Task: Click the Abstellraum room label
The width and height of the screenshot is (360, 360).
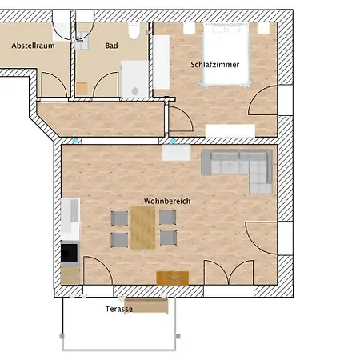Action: tap(33, 46)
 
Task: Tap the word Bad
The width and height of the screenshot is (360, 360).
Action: tap(111, 46)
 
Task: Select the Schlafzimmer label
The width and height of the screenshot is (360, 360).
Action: tap(215, 65)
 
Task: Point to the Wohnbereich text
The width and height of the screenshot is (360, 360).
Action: tap(167, 201)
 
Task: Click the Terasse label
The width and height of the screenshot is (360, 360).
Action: tap(119, 309)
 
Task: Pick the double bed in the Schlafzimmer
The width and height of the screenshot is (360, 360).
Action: tap(226, 54)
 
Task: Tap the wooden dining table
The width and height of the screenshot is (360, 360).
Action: tap(143, 227)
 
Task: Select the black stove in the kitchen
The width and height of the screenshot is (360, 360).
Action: tap(70, 253)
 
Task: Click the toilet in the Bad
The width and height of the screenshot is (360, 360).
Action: tap(134, 31)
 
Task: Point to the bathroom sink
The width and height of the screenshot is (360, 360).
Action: tap(82, 41)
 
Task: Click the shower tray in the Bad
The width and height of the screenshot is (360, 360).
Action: tap(134, 79)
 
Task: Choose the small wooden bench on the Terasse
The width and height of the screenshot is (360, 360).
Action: tap(146, 306)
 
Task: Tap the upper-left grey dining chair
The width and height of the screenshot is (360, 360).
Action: tap(119, 218)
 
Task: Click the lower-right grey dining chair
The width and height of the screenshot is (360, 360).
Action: tap(168, 238)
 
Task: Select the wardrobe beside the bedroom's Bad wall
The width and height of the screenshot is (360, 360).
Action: tap(162, 62)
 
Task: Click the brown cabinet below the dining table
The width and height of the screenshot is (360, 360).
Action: tap(173, 278)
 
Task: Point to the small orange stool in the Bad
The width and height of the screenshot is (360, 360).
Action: tap(82, 89)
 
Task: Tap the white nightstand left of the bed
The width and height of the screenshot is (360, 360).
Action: tap(190, 28)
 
